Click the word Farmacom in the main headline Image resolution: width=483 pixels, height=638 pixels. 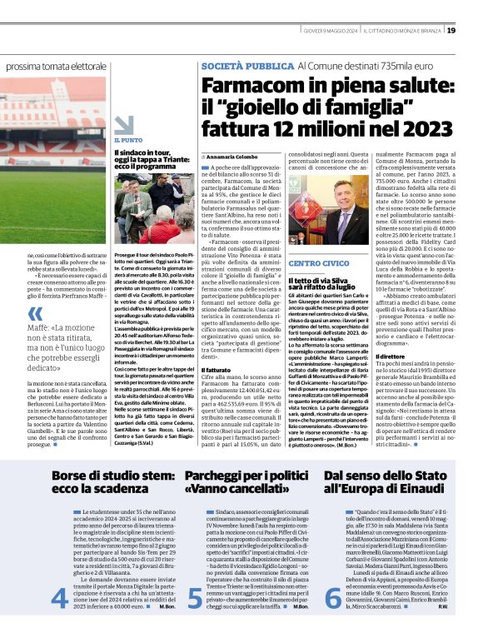click(x=251, y=86)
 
